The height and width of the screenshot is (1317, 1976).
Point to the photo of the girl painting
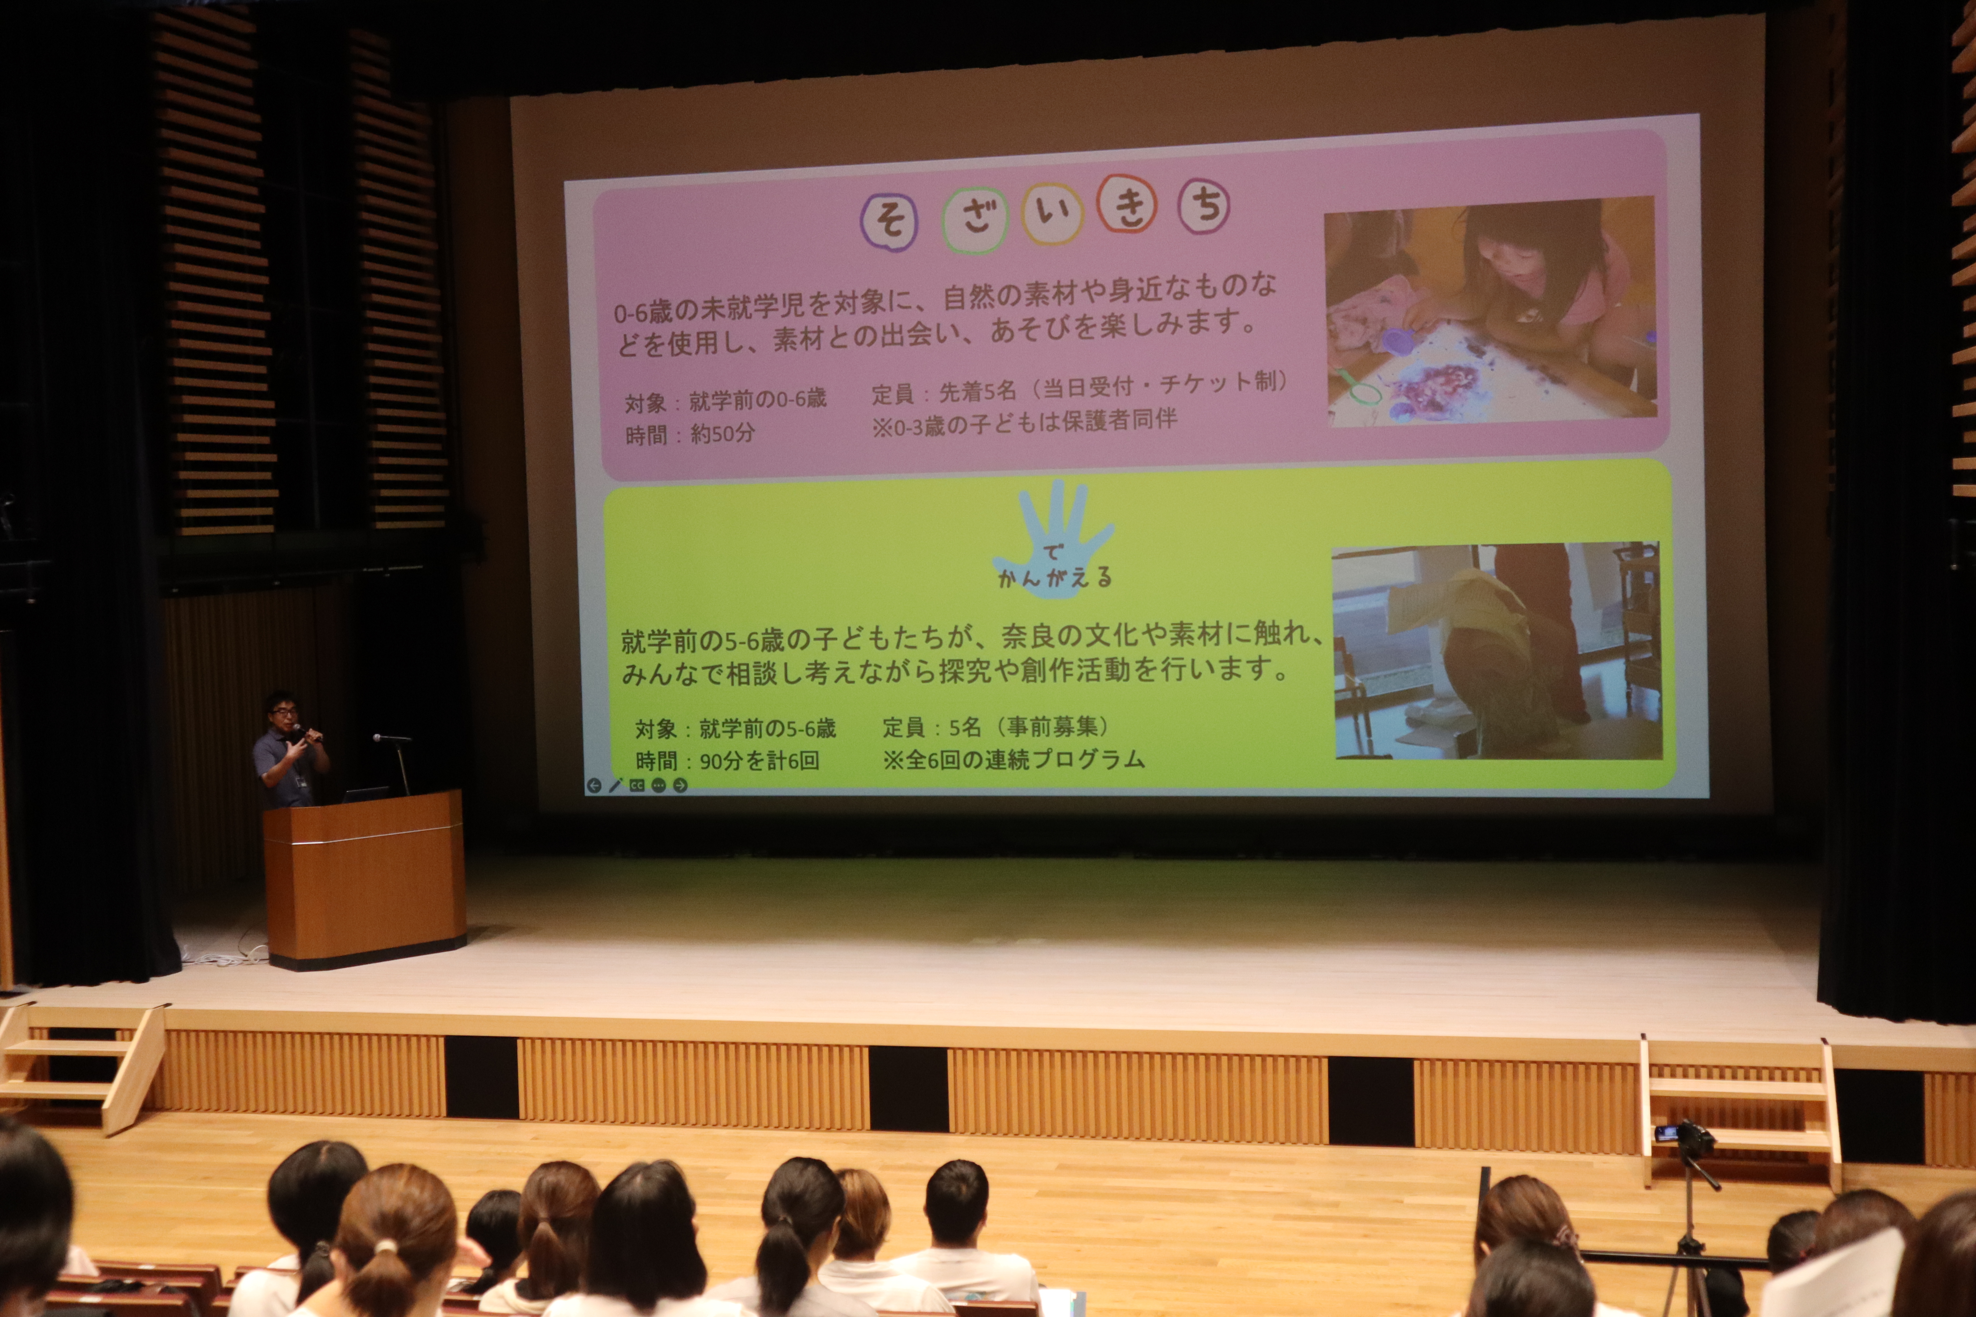pyautogui.click(x=1491, y=311)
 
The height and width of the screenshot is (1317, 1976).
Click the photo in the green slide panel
pyautogui.click(x=1497, y=651)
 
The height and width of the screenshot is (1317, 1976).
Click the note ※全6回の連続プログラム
pyautogui.click(x=1013, y=759)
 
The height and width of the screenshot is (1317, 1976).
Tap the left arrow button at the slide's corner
pyautogui.click(x=594, y=785)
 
